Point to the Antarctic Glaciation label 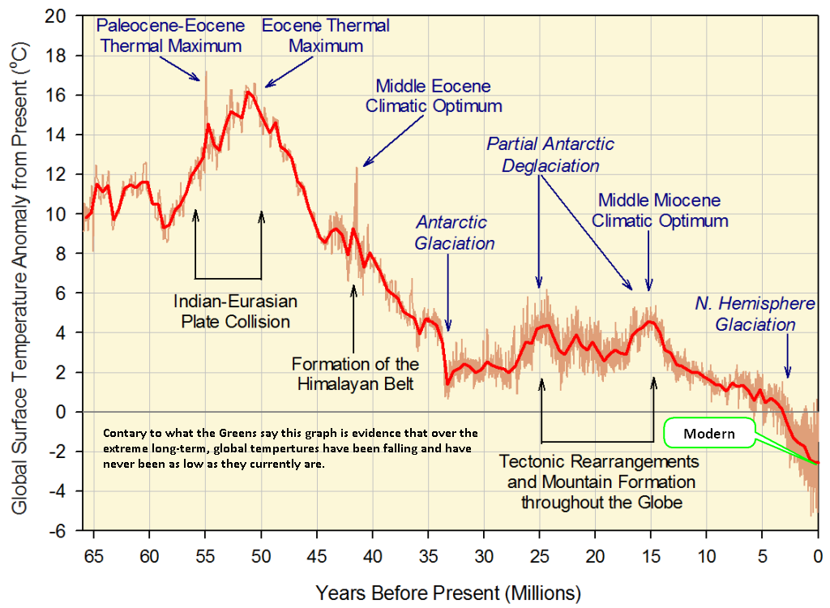point(454,232)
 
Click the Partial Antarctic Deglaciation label point(550,155)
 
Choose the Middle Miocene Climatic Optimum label point(659,210)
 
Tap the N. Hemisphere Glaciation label point(745,314)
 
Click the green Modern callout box point(708,434)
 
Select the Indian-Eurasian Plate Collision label point(235,311)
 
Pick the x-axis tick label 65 point(93,559)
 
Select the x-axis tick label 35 point(428,559)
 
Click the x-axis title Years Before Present point(448,590)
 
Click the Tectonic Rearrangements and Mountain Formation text point(599,482)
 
